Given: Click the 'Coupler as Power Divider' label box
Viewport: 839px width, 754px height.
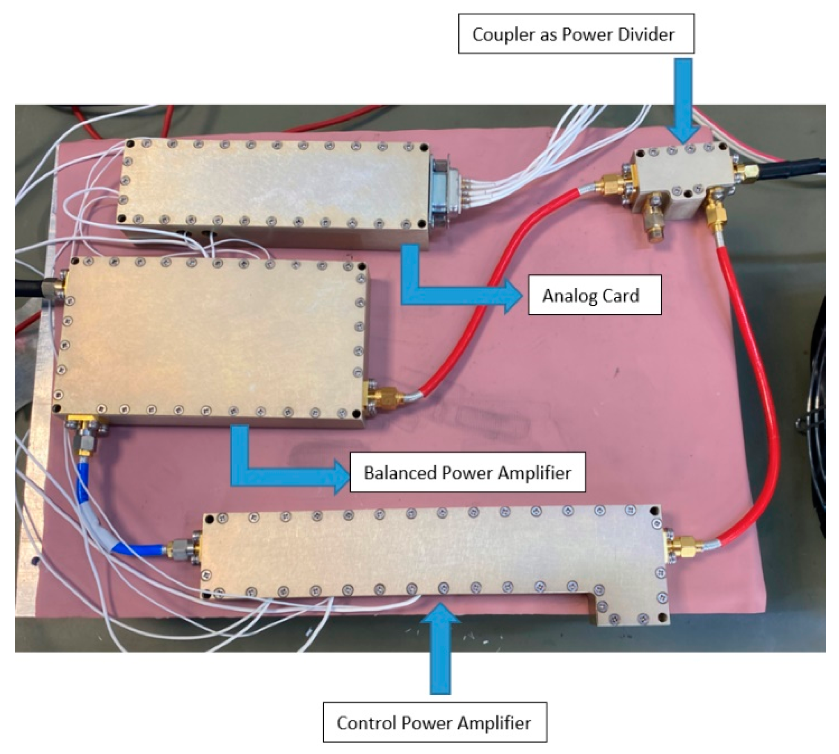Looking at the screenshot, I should click(576, 34).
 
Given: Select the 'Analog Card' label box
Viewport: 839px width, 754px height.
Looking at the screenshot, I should click(594, 295).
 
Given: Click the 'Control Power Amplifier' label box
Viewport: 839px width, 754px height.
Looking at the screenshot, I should click(434, 723).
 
